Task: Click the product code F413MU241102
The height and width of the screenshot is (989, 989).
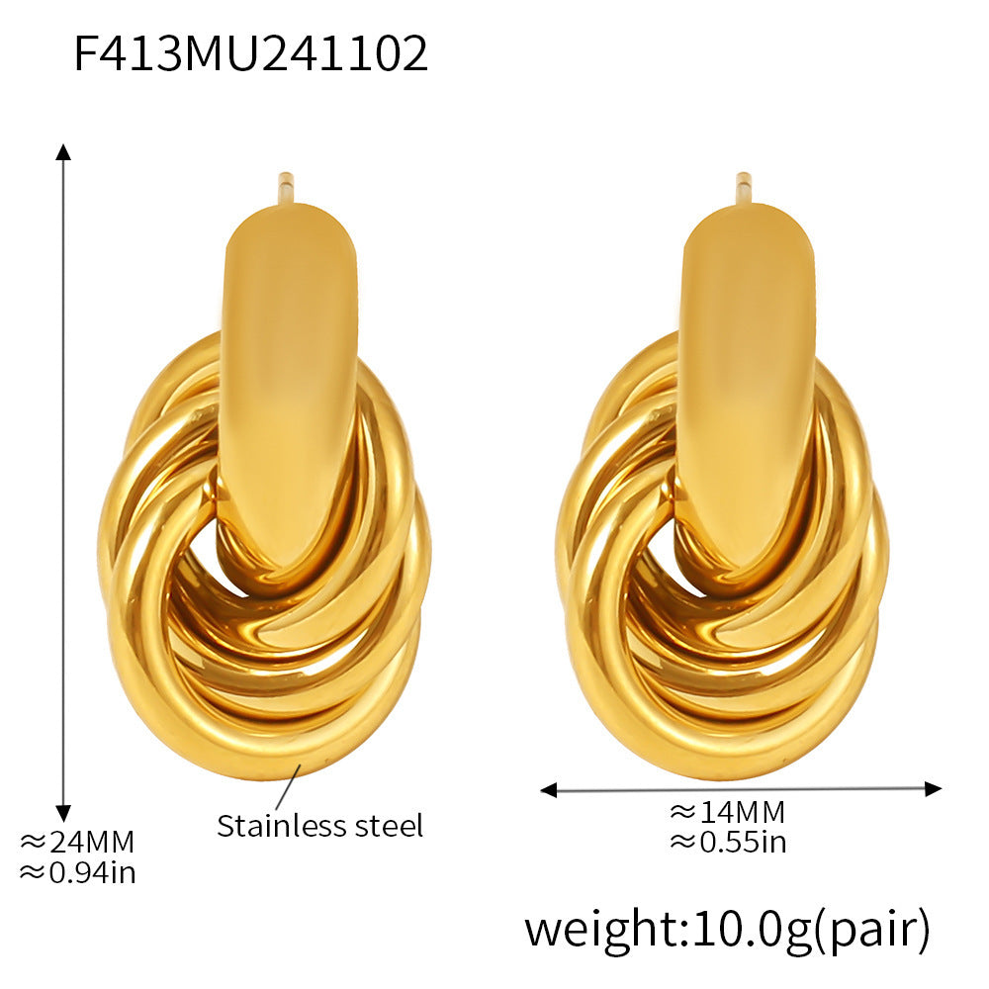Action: coord(251,54)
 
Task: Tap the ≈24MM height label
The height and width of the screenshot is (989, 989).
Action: coord(77,843)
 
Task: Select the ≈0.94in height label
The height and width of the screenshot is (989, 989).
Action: coord(77,872)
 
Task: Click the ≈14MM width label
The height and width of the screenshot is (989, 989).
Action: coord(727,812)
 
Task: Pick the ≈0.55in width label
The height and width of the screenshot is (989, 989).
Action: coord(727,842)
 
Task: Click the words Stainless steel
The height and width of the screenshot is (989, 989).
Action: coord(319,825)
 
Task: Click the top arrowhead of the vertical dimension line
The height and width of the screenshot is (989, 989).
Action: coord(63,151)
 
